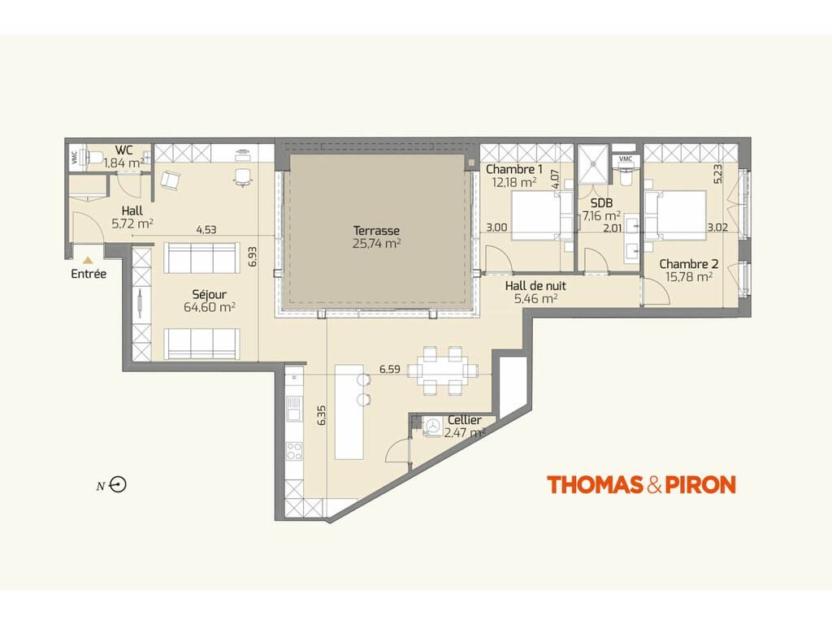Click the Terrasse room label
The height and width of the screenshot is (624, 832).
(376, 231)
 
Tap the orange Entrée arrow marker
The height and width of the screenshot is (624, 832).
(88, 260)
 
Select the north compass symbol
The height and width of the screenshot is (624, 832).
(118, 484)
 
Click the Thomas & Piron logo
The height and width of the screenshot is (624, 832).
(641, 484)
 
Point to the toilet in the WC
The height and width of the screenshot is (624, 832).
(94, 157)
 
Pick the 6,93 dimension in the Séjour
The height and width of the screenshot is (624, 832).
(253, 256)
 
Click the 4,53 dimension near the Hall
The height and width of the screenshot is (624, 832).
(206, 229)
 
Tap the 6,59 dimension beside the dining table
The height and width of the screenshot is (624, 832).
(389, 369)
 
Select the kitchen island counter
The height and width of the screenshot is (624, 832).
(349, 411)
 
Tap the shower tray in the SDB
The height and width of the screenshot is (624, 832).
(592, 164)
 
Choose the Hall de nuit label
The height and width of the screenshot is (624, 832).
(535, 285)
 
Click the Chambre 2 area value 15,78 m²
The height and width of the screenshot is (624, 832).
(689, 276)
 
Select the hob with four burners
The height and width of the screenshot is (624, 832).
(294, 451)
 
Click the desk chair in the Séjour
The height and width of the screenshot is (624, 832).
(242, 176)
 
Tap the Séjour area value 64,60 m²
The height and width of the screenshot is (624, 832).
(210, 306)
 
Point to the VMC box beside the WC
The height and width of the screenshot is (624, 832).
(74, 157)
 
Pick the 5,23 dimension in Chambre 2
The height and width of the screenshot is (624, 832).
(717, 174)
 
